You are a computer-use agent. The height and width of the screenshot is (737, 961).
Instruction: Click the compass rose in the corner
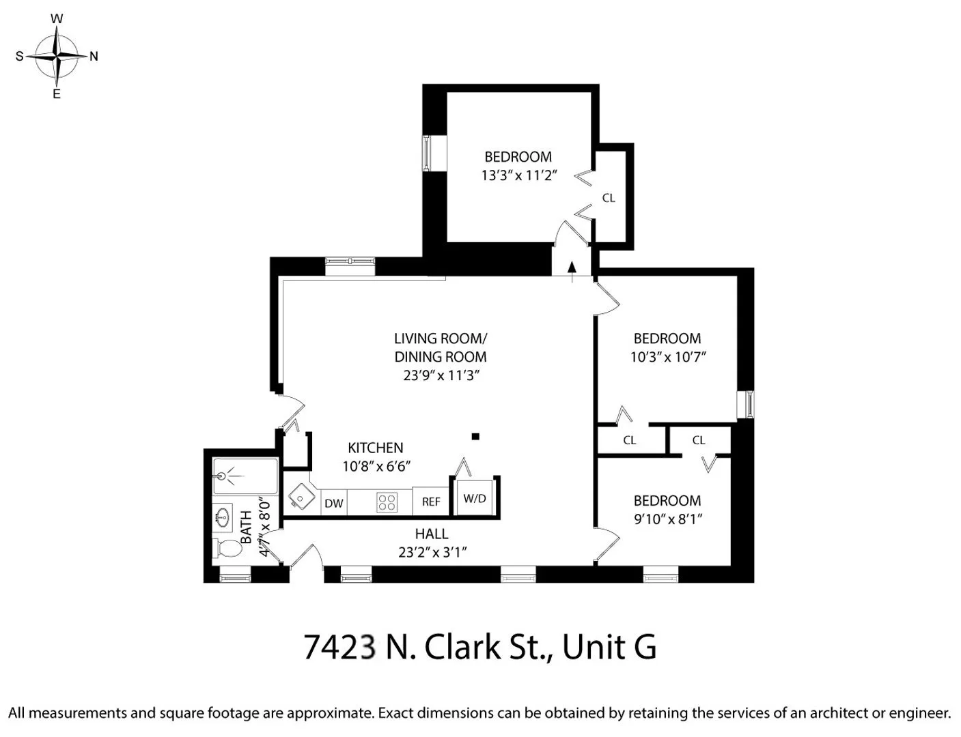(x=57, y=57)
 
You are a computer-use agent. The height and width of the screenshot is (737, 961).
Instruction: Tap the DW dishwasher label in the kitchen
(x=333, y=504)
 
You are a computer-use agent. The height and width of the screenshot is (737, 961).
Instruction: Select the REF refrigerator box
(x=431, y=502)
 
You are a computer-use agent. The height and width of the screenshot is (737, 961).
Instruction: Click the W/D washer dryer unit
(x=475, y=498)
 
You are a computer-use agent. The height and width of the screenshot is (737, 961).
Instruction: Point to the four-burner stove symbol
(x=387, y=503)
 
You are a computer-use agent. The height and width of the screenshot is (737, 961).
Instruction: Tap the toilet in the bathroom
(x=229, y=548)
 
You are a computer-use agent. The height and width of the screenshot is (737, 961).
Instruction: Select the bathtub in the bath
(x=245, y=476)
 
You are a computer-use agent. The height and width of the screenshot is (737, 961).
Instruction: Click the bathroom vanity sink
(x=222, y=517)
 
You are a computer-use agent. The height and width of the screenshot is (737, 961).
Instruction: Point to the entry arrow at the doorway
(x=572, y=269)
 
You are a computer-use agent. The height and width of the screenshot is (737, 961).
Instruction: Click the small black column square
(x=476, y=437)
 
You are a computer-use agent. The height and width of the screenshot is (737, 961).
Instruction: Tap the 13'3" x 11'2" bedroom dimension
(x=519, y=175)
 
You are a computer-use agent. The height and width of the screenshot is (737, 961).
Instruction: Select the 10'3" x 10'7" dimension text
(x=667, y=356)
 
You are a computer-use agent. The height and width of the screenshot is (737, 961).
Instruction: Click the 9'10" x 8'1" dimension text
(x=668, y=519)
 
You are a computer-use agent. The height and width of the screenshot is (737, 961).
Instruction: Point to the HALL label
(x=432, y=534)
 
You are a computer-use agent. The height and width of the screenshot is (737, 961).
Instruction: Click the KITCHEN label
(x=375, y=448)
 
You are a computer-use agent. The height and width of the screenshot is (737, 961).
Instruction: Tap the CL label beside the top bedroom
(x=609, y=198)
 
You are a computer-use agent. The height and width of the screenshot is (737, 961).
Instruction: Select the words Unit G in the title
(x=609, y=647)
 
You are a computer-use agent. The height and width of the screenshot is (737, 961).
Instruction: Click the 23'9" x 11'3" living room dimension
(x=441, y=375)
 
